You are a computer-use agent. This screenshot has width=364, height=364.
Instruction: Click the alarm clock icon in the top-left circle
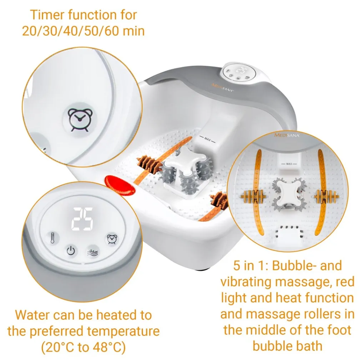[80, 120]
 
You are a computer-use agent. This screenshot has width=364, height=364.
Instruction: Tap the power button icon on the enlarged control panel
[71, 251]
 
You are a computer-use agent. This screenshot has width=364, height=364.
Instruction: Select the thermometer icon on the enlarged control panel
[53, 238]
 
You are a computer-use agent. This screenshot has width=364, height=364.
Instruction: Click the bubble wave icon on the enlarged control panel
[93, 252]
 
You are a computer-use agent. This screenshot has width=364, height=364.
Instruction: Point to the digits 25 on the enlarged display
[82, 219]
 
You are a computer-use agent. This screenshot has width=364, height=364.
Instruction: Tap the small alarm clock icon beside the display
[112, 239]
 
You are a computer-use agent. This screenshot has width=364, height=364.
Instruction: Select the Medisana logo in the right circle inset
[287, 135]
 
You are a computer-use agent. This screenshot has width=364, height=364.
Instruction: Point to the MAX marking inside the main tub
[207, 140]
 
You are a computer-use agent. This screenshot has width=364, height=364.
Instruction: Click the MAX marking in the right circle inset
[289, 164]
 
